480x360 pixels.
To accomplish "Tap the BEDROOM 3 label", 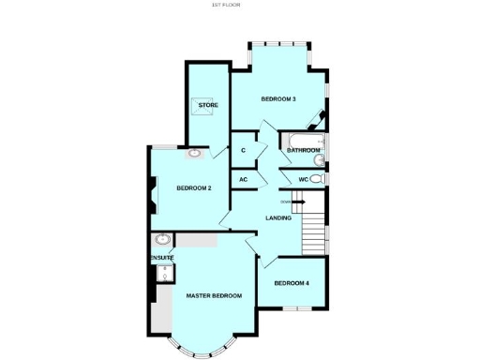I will tap(278, 99).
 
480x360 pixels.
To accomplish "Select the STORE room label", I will tap(208, 105).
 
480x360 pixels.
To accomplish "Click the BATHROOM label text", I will tap(303, 150).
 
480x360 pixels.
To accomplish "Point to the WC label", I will tap(303, 179).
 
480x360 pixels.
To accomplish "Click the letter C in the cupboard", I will tap(243, 150).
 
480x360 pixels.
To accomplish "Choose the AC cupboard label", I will tap(243, 179).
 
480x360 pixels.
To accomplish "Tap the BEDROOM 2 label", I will tap(194, 187).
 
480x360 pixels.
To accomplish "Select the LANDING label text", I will tap(277, 218).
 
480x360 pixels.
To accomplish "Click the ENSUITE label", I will tap(161, 257).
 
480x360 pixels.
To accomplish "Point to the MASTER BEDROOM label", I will tap(213, 295).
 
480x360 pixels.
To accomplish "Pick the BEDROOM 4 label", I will tap(291, 283).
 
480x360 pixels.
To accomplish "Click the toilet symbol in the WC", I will tap(317, 179).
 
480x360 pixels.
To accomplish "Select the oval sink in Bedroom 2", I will tap(195, 153).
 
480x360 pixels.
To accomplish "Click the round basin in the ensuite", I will tap(162, 239).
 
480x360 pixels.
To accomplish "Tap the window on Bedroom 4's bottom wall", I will tap(297, 307).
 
